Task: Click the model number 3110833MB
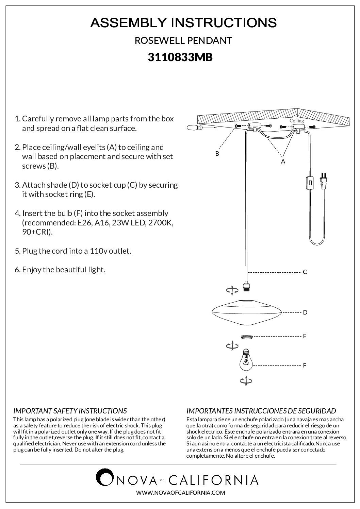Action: (x=180, y=57)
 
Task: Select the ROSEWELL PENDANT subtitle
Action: (x=183, y=40)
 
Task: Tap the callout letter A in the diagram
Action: (x=283, y=162)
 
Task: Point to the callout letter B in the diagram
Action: (x=217, y=154)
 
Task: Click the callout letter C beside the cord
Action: (x=305, y=272)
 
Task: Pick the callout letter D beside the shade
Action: (x=305, y=312)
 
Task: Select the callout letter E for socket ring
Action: (x=305, y=336)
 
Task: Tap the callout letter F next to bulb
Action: (x=305, y=366)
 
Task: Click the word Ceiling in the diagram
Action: (x=297, y=121)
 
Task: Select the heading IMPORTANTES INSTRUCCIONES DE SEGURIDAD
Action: (x=261, y=411)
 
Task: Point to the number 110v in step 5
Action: (x=99, y=251)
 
